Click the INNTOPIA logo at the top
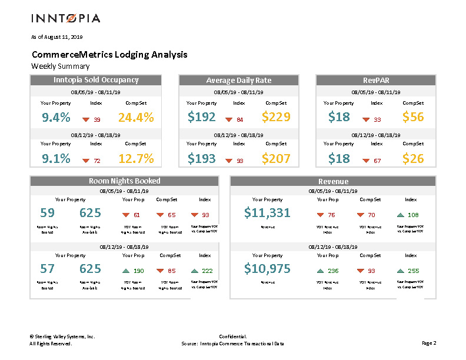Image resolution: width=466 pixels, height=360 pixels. click(x=65, y=18)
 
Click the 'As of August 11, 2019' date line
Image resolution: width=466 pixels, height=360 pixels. click(x=56, y=37)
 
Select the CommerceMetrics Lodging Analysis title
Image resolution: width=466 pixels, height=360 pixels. click(x=109, y=55)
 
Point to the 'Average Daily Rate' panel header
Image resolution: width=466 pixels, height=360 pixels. click(x=239, y=80)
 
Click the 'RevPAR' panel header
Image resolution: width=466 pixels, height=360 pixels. click(x=376, y=80)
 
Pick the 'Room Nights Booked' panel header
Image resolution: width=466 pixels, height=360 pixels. click(x=124, y=181)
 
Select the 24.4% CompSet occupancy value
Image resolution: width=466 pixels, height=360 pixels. click(x=136, y=118)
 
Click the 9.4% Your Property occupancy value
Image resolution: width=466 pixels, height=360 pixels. click(x=56, y=118)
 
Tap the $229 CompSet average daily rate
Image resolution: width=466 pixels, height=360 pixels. click(x=276, y=118)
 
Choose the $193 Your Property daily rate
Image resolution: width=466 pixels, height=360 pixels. click(x=201, y=158)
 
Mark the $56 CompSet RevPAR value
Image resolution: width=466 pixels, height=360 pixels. click(x=413, y=118)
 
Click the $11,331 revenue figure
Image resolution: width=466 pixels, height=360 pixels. click(x=267, y=213)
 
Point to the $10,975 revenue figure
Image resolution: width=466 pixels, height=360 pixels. click(x=267, y=269)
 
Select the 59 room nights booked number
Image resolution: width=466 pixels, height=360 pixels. click(x=47, y=213)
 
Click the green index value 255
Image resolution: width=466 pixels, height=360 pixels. click(x=413, y=271)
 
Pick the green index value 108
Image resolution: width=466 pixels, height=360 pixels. click(x=413, y=215)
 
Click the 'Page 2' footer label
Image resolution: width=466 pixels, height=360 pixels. click(x=429, y=343)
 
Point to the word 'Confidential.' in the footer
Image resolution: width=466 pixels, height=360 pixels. click(x=232, y=336)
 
